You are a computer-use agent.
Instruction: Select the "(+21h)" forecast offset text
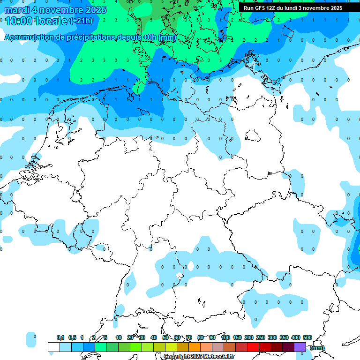[x=81, y=21]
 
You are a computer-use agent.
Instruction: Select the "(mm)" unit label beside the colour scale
[x=317, y=347]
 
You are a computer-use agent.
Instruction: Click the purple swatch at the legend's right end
[x=300, y=347]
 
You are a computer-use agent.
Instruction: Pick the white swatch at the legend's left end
[x=54, y=347]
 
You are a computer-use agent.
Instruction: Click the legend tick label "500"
[x=307, y=337]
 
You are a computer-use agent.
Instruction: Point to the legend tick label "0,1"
[x=60, y=337]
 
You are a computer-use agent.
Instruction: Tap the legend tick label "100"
[x=225, y=337]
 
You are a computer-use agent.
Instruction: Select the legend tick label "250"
[x=261, y=337]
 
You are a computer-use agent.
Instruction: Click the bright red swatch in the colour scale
[x=253, y=347]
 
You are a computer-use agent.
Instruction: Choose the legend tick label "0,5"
[x=72, y=337]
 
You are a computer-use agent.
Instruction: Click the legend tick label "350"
[x=284, y=337]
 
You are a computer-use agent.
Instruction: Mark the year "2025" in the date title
[x=90, y=10]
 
